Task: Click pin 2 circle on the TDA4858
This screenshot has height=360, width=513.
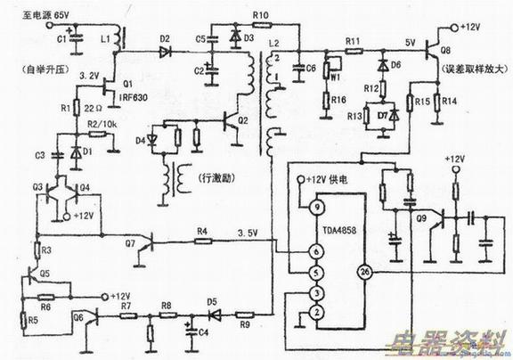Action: (x=314, y=311)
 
